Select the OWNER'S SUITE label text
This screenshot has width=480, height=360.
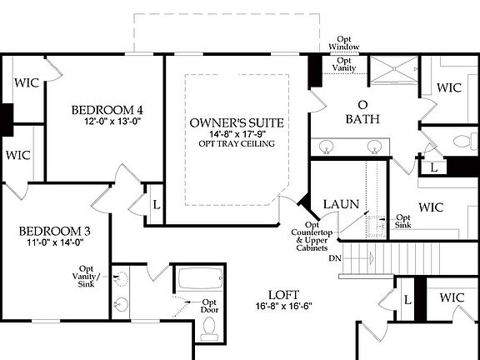point(237,122)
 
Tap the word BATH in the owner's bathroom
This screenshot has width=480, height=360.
point(363,119)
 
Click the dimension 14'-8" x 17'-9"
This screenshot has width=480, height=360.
point(237,133)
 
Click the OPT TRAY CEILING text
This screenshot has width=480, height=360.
point(237,143)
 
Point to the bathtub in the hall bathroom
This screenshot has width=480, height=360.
point(198,278)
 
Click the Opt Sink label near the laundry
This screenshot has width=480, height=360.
point(402,221)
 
